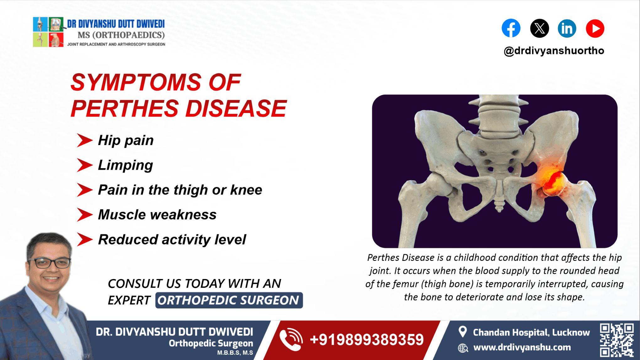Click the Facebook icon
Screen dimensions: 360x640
tap(511, 28)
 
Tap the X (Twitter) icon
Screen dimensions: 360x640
tap(539, 28)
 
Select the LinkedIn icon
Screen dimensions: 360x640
tap(567, 28)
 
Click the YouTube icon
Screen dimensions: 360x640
tap(595, 28)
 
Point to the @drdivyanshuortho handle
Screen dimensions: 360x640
tap(554, 51)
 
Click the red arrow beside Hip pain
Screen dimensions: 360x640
tap(84, 140)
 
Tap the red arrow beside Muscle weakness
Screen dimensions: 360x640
tap(84, 215)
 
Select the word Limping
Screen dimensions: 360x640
tap(125, 165)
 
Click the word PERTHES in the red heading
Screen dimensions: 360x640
tap(125, 109)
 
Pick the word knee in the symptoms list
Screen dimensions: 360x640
tap(246, 190)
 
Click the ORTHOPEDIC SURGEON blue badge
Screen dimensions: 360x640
tap(229, 300)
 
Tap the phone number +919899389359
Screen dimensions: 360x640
tap(366, 340)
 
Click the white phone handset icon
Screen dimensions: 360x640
tap(291, 340)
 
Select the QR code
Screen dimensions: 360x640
tap(616, 340)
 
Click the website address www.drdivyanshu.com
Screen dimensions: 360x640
tap(522, 347)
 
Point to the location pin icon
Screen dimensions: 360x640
tap(462, 332)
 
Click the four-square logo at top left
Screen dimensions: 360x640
tap(48, 32)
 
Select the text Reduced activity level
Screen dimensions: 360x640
tap(172, 239)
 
